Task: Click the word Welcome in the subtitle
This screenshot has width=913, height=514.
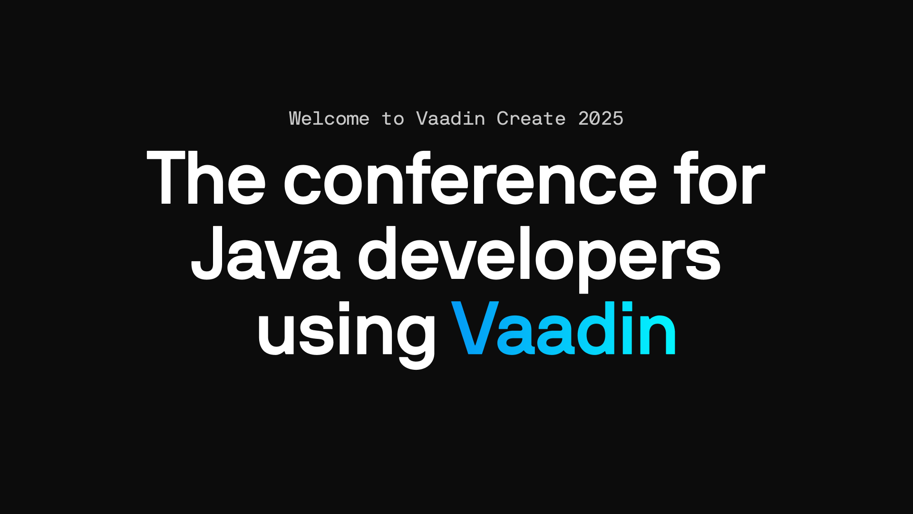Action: click(x=329, y=119)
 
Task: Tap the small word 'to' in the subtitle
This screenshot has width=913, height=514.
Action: click(x=393, y=119)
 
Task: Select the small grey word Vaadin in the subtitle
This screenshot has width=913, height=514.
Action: click(x=450, y=119)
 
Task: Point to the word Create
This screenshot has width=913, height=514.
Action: click(x=531, y=119)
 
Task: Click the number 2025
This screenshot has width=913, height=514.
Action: click(x=601, y=119)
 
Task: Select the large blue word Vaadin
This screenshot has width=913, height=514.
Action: click(x=563, y=328)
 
